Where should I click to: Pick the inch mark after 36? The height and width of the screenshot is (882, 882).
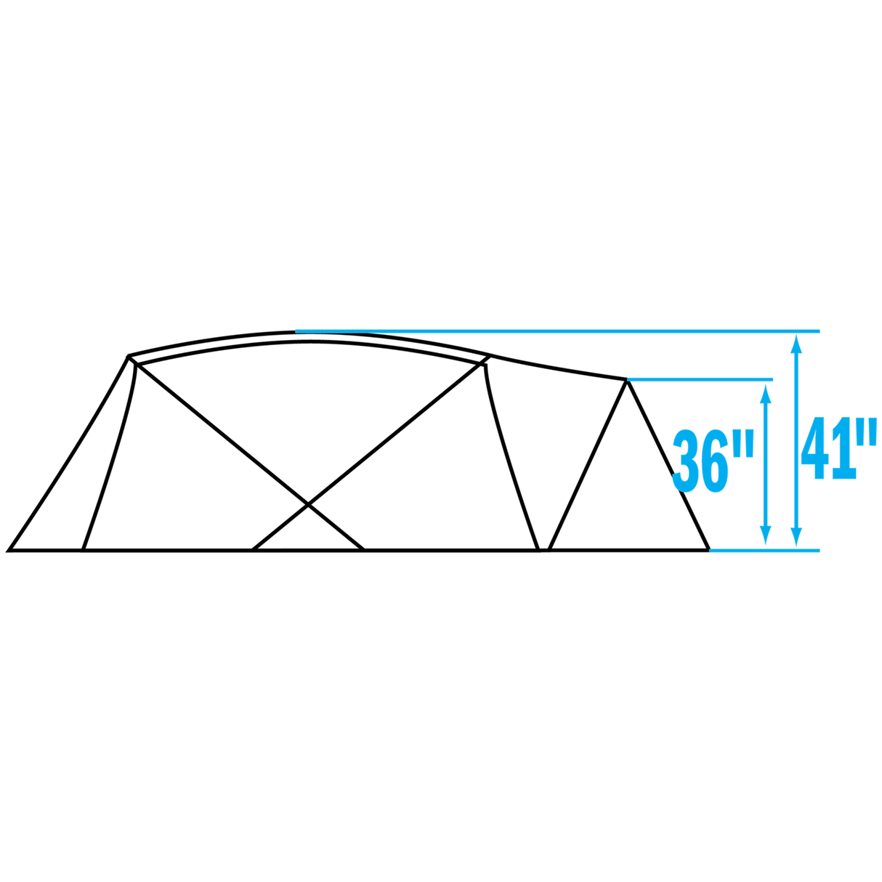coord(748,443)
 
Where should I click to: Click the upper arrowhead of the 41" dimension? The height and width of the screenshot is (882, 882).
coord(796,344)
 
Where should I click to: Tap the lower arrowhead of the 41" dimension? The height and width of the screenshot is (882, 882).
coord(796,537)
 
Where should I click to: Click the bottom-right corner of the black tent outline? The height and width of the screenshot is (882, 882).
coord(708,549)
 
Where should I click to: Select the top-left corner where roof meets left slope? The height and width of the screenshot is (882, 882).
coord(129,357)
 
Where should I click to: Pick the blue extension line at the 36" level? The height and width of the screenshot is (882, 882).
coord(700,379)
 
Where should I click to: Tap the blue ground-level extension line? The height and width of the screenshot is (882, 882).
coord(764,550)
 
